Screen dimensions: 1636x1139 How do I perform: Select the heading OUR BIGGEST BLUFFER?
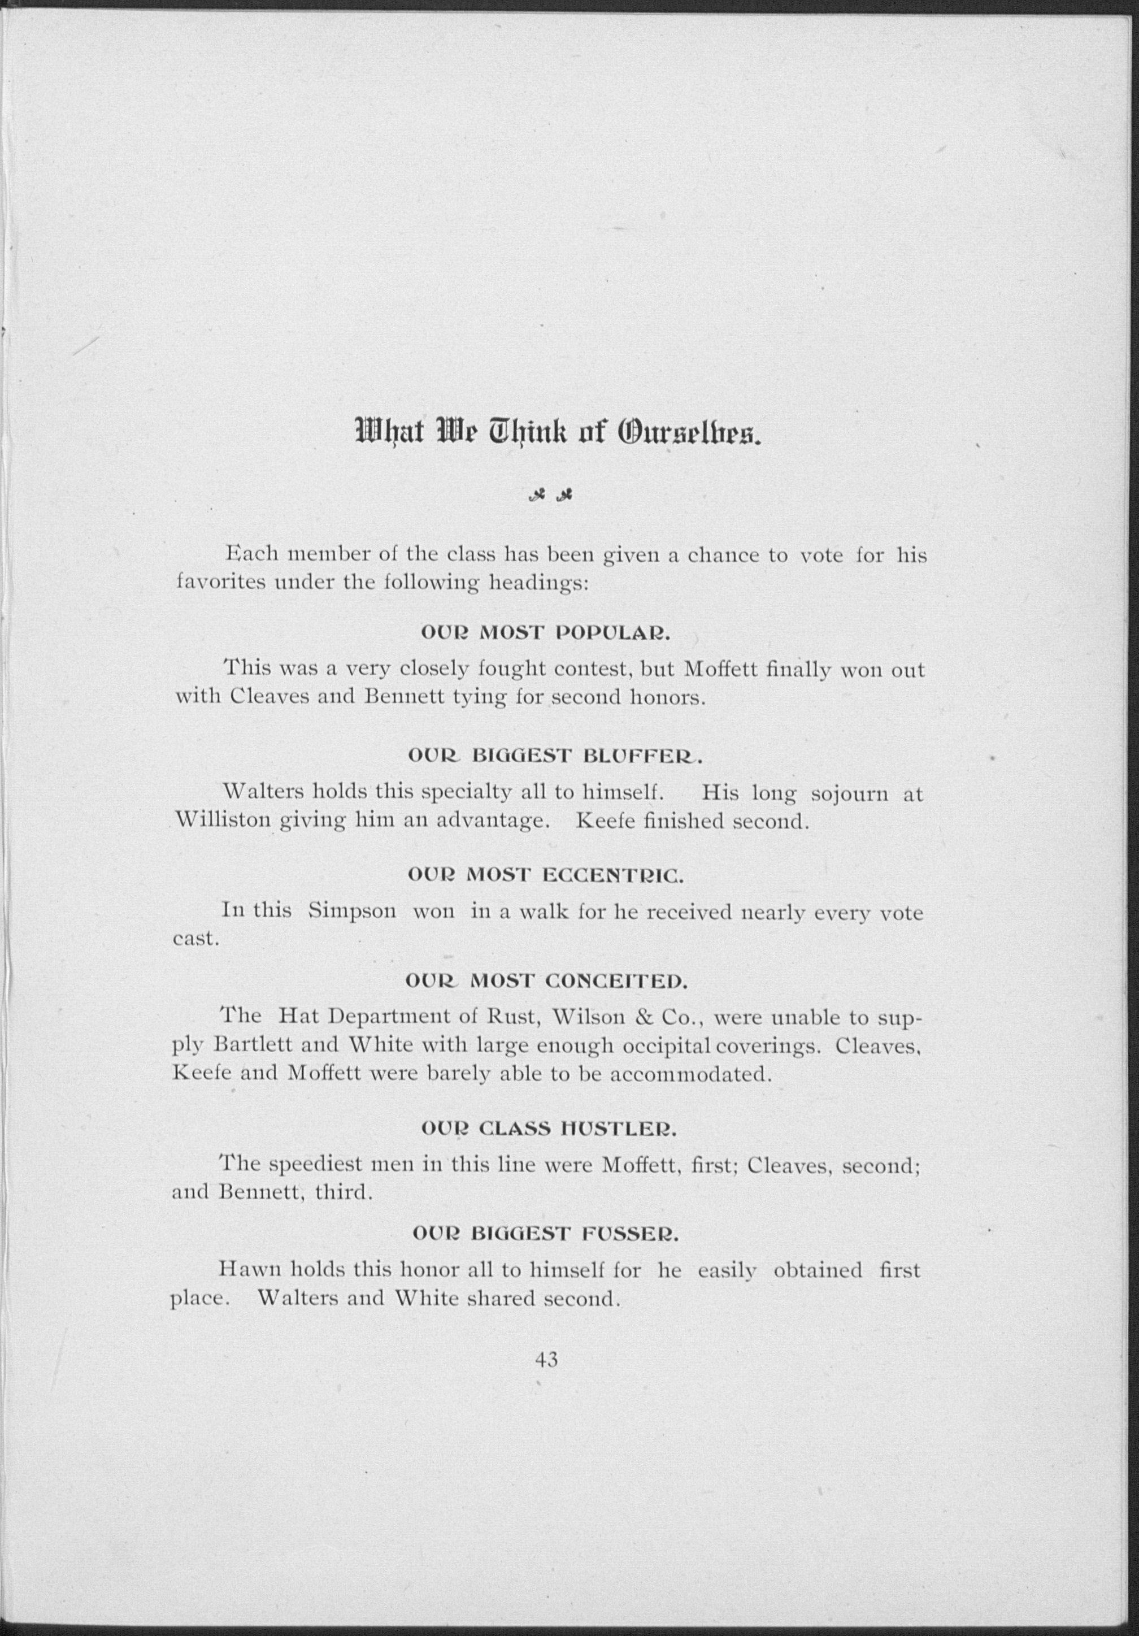pyautogui.click(x=554, y=757)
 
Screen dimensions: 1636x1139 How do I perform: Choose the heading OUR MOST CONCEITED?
pyautogui.click(x=546, y=983)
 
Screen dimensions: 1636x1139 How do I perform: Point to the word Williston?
pyautogui.click(x=223, y=822)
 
